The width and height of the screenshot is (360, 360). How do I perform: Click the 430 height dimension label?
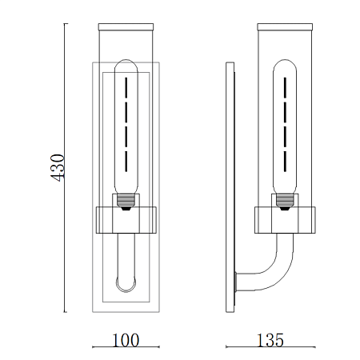tap(58, 168)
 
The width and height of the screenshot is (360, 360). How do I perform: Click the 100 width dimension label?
tap(126, 340)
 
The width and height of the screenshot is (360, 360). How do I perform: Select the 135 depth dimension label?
tap(270, 340)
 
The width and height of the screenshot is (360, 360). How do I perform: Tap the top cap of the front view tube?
tap(126, 27)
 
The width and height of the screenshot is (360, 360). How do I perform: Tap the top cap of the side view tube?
tap(285, 27)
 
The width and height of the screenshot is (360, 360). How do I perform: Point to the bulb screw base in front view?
tap(126, 202)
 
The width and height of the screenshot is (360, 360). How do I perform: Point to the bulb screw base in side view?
tap(285, 202)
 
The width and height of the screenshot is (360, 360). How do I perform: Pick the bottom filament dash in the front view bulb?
tap(126, 162)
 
